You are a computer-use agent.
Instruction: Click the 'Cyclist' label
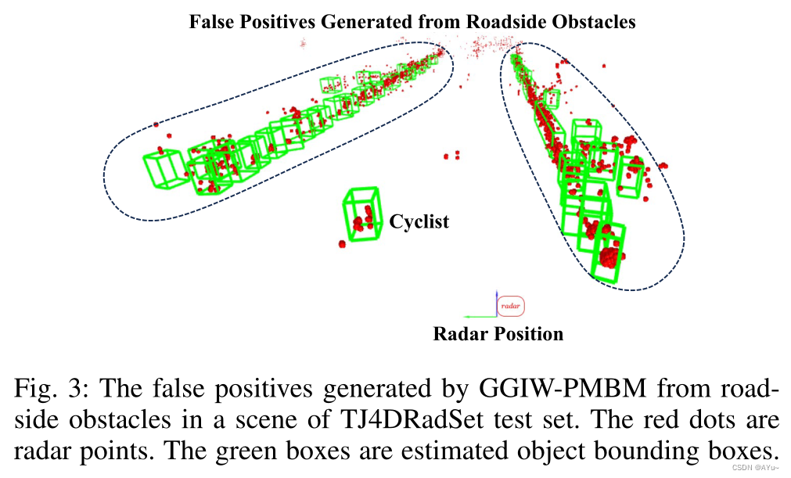(419, 222)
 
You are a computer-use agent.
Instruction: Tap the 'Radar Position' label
(498, 334)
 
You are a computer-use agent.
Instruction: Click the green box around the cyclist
(361, 213)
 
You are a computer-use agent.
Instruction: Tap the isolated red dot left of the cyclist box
(342, 244)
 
